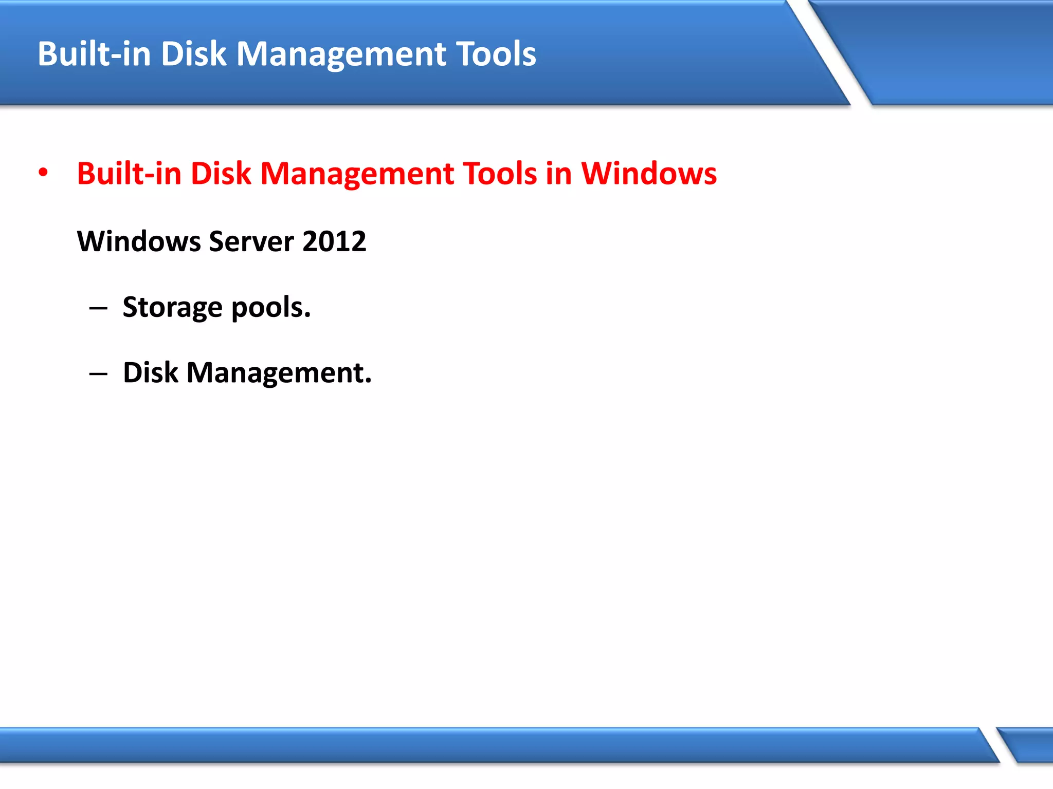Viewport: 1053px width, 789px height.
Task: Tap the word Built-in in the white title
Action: tap(94, 54)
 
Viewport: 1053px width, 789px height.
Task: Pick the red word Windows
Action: tap(649, 174)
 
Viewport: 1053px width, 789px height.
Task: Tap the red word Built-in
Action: tap(129, 174)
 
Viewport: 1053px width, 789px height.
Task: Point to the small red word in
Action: tap(558, 174)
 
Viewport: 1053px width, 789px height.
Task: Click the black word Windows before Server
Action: tap(138, 241)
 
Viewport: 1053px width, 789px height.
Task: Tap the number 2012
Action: tap(334, 241)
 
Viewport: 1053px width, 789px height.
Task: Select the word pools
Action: tap(271, 308)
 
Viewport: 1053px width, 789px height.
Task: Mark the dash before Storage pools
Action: tap(98, 308)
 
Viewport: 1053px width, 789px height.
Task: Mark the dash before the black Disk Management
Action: tap(98, 373)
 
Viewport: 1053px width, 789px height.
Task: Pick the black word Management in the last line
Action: tap(278, 373)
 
